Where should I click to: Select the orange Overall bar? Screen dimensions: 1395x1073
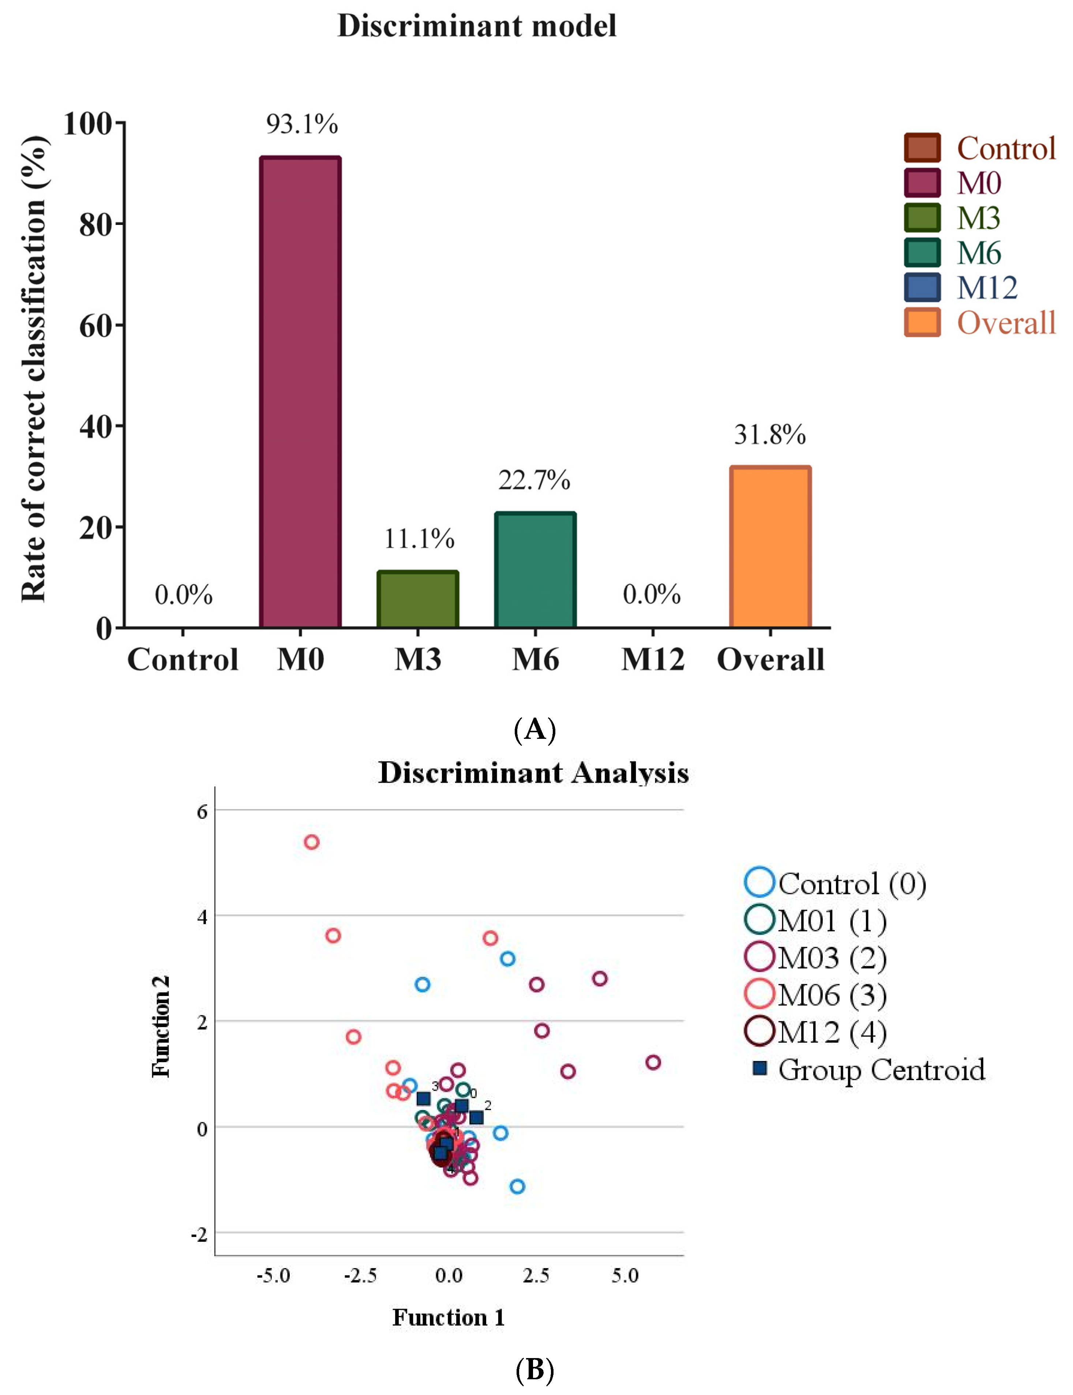[x=770, y=547]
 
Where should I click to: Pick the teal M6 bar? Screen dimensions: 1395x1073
[x=535, y=570]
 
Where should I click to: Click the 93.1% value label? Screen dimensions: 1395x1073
[x=301, y=124]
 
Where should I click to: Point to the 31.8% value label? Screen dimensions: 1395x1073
[x=770, y=435]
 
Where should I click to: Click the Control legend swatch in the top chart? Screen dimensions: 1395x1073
[x=922, y=148]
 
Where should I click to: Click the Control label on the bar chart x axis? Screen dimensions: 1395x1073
[x=183, y=659]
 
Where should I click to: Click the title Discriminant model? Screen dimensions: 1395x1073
[x=476, y=26]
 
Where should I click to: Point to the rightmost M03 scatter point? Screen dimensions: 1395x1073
[x=653, y=1063]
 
